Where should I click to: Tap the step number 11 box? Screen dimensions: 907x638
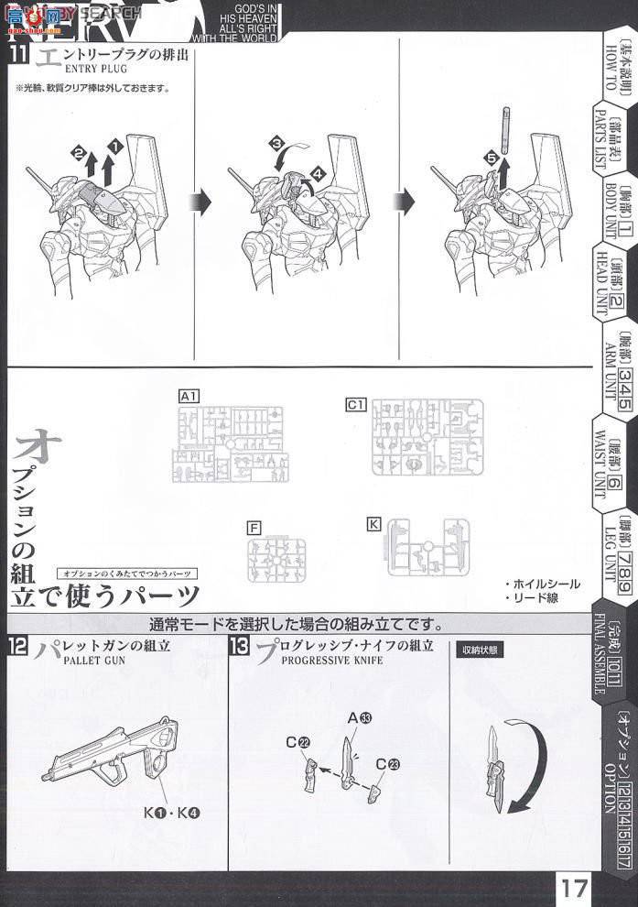click(x=18, y=55)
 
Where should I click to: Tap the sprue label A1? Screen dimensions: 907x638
click(x=189, y=396)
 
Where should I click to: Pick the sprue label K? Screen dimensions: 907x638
click(x=373, y=523)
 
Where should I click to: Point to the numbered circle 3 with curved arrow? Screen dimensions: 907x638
click(x=275, y=144)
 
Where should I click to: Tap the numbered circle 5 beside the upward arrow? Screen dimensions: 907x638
click(x=492, y=158)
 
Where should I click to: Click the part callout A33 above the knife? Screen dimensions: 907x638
click(x=364, y=717)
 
